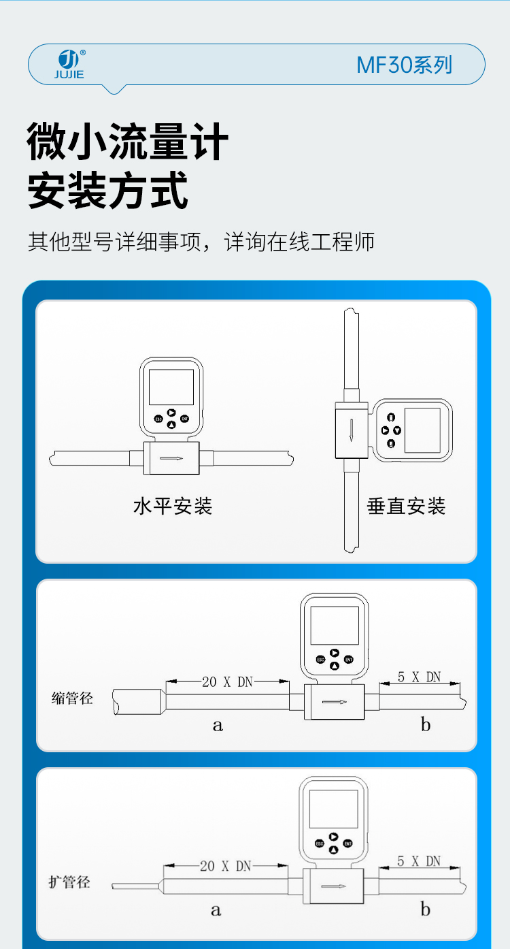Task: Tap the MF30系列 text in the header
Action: [x=404, y=65]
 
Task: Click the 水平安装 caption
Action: [x=173, y=506]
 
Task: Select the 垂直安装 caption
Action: [x=407, y=506]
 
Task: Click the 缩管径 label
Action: [x=72, y=698]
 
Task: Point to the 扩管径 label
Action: [x=69, y=882]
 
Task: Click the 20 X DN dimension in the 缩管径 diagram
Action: [x=227, y=681]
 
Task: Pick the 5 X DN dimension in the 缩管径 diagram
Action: [x=419, y=677]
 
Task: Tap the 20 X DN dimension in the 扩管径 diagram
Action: [x=225, y=866]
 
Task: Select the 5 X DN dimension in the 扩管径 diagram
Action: [x=419, y=861]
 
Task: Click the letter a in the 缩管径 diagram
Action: [x=218, y=726]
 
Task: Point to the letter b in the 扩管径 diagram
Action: [x=426, y=910]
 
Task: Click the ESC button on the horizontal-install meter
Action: [x=158, y=419]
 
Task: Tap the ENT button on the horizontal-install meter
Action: [x=184, y=419]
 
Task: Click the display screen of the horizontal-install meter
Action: [x=171, y=387]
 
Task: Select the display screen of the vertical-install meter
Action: [x=422, y=430]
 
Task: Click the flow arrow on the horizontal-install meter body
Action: [x=171, y=458]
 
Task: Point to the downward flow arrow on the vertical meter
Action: [x=351, y=430]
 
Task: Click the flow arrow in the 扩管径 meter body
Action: [x=333, y=886]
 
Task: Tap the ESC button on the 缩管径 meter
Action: [x=320, y=660]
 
